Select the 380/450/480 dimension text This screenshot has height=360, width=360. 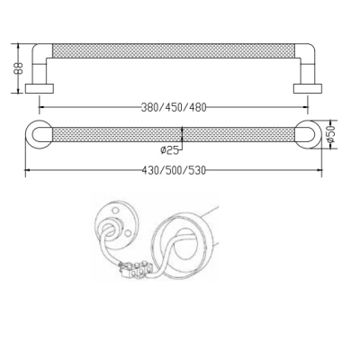(x=174, y=107)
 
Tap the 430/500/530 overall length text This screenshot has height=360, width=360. (x=174, y=170)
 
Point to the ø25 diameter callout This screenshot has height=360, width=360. (x=169, y=149)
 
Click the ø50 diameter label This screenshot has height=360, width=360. (x=330, y=134)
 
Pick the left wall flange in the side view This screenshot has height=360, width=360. (x=40, y=88)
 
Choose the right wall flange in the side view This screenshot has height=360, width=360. (x=308, y=88)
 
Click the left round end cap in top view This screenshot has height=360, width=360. (x=39, y=134)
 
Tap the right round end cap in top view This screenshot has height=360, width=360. (x=309, y=134)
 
